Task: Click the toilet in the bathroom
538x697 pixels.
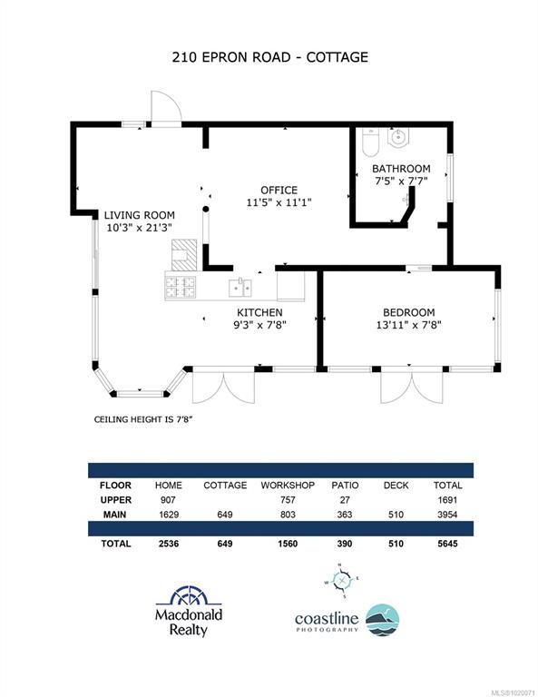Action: coord(370,142)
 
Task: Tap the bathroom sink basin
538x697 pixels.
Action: coord(397,137)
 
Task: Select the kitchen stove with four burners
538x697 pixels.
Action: coord(181,287)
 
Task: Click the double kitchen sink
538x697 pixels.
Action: coord(240,287)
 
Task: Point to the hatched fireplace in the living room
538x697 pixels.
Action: coord(184,255)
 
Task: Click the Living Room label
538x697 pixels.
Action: coord(140,215)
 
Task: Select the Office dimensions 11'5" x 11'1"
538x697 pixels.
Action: coord(279,202)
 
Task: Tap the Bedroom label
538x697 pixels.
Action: coord(409,312)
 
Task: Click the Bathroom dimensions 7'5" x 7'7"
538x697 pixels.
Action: coord(401,181)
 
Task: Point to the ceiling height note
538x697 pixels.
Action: coord(143,419)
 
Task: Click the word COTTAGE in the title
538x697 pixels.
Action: coord(337,57)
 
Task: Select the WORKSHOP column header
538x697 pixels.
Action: coord(288,486)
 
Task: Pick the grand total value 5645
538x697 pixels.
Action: coord(447,544)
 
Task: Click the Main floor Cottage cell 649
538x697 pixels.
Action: coord(225,515)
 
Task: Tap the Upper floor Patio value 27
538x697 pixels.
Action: coord(345,500)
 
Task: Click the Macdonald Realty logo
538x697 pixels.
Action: coord(189,612)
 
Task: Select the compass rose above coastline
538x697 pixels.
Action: coord(341,581)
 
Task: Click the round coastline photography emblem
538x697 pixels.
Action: coord(383,620)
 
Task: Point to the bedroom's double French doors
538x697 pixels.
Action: coord(412,387)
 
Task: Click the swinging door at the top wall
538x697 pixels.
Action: coord(166,108)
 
